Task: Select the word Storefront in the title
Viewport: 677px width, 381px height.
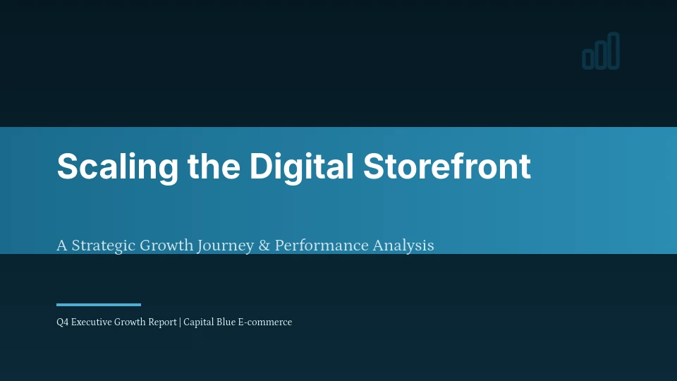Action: point(446,167)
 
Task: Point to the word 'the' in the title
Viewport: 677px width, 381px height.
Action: point(213,167)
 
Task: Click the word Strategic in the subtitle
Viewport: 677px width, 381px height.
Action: point(104,246)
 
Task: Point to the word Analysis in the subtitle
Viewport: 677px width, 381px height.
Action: point(403,246)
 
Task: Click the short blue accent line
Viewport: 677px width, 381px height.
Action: point(99,305)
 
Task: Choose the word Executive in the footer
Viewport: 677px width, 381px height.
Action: point(91,322)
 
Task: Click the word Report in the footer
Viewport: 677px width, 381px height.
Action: point(163,322)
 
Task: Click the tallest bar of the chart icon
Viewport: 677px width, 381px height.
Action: point(614,51)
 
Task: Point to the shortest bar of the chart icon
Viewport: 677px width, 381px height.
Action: point(588,60)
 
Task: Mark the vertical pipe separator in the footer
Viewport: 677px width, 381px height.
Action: point(181,322)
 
